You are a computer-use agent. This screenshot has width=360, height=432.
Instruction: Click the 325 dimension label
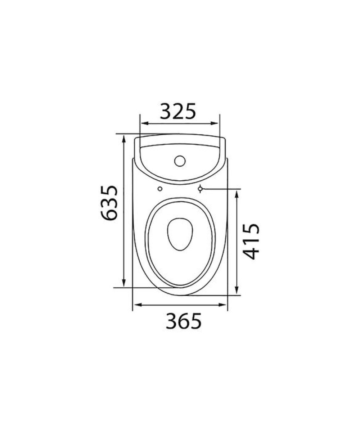[x=178, y=111]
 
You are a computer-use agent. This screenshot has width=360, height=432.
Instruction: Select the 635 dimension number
[x=109, y=203]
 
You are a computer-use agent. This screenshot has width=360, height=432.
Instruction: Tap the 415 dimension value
[x=251, y=241]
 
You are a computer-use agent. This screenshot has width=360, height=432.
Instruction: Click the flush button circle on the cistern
[x=180, y=161]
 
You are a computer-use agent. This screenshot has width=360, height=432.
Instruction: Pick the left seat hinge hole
[x=160, y=189]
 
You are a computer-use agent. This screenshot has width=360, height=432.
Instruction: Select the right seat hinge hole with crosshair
[x=200, y=189]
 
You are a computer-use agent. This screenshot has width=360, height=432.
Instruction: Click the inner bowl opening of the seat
[x=180, y=234]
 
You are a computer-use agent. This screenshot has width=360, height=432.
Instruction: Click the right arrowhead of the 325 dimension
[x=214, y=123]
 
